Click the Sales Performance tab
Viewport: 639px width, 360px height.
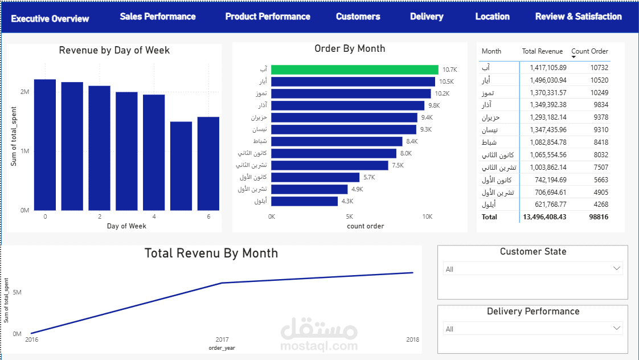click(158, 17)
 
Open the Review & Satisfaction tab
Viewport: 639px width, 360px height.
click(578, 17)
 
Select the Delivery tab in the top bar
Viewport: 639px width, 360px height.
click(427, 17)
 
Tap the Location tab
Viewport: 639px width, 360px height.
click(492, 17)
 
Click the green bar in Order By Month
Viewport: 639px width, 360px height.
click(355, 69)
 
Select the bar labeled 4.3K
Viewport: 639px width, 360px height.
click(305, 202)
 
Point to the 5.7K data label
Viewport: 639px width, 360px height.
click(369, 177)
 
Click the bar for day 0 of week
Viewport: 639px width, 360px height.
click(45, 145)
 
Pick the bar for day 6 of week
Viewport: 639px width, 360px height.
click(208, 163)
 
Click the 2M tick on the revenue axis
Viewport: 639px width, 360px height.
click(24, 92)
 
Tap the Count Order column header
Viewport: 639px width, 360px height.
click(589, 51)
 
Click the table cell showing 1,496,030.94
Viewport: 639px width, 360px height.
click(548, 80)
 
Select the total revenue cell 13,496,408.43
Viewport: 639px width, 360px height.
click(544, 217)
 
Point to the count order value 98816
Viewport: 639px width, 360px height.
click(599, 217)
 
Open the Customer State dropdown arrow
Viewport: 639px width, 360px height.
click(617, 268)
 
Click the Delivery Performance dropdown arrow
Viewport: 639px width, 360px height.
click(617, 328)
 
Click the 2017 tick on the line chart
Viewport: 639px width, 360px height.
click(222, 339)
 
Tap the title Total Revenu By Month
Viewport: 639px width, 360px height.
click(211, 253)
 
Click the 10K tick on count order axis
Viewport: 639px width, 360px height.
click(427, 217)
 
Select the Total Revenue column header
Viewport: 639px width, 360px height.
click(542, 51)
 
